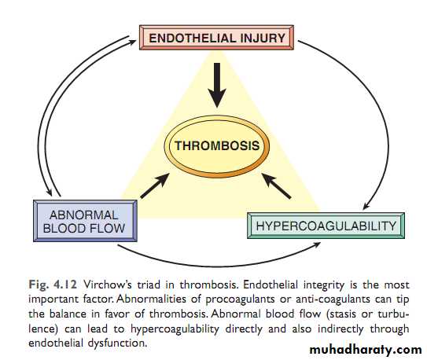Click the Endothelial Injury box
pyautogui.click(x=216, y=38)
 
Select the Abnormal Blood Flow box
pyautogui.click(x=85, y=221)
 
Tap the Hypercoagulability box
pyautogui.click(x=326, y=226)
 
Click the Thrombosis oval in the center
pyautogui.click(x=217, y=146)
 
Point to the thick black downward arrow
pyautogui.click(x=217, y=85)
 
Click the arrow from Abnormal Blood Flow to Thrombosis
pyautogui.click(x=155, y=186)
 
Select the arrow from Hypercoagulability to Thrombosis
pyautogui.click(x=276, y=186)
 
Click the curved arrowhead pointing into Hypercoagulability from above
pyautogui.click(x=366, y=206)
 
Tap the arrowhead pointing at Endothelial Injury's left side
pyautogui.click(x=132, y=42)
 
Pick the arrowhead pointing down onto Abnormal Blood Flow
pyautogui.click(x=50, y=192)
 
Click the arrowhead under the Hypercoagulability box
pyautogui.click(x=317, y=244)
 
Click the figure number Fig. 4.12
pyautogui.click(x=53, y=285)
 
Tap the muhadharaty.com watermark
pyautogui.click(x=366, y=349)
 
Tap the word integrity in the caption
pyautogui.click(x=324, y=285)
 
